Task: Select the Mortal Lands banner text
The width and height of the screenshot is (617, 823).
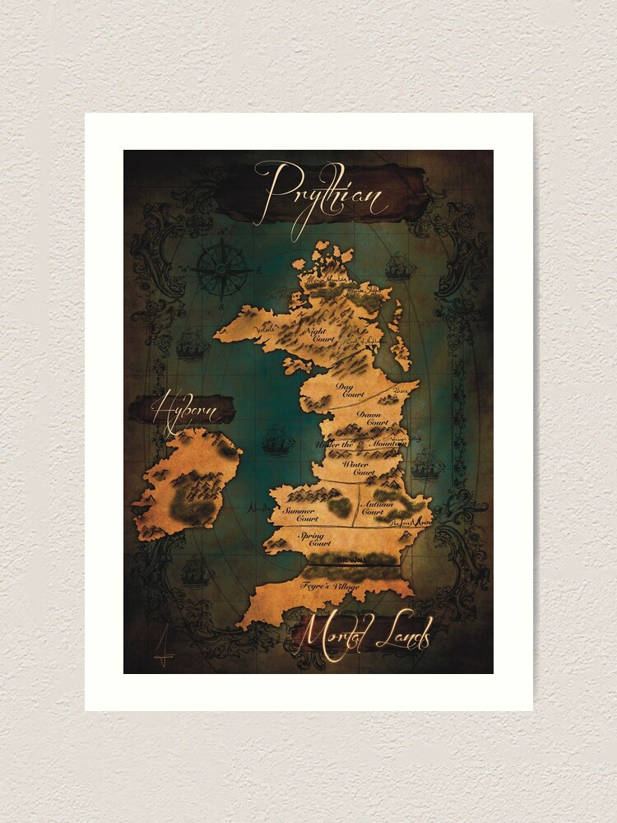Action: pyautogui.click(x=363, y=635)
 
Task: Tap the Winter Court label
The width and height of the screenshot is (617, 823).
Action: pyautogui.click(x=359, y=468)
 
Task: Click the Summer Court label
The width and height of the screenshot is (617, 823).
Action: pyautogui.click(x=300, y=514)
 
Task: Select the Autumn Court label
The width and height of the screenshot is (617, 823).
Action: pyautogui.click(x=373, y=507)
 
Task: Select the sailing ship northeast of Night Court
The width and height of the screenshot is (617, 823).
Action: pyautogui.click(x=401, y=266)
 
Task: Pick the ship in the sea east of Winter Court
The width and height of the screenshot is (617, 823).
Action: pyautogui.click(x=427, y=466)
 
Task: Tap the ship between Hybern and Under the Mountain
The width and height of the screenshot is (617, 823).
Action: pyautogui.click(x=278, y=441)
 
